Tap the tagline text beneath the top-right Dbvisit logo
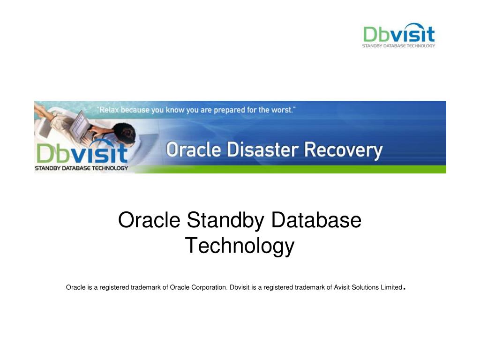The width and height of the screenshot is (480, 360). pos(398,45)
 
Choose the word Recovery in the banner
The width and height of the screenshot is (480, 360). pos(344,150)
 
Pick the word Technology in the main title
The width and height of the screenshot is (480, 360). pos(240,246)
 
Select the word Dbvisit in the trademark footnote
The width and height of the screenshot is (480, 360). pos(240,287)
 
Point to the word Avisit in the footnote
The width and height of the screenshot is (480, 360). pos(343,287)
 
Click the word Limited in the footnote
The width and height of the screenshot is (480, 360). pos(391,287)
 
